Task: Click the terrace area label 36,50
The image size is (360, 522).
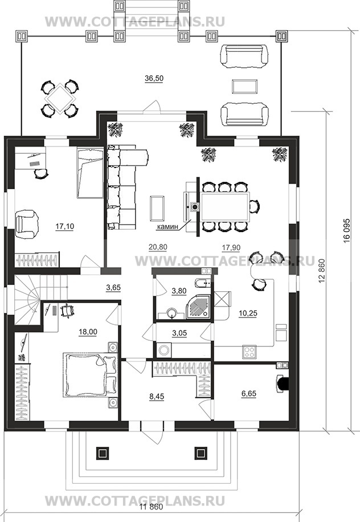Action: (x=154, y=78)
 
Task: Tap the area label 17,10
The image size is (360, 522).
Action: (x=64, y=226)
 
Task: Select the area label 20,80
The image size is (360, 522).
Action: (x=158, y=247)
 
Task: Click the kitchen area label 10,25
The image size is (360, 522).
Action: (x=248, y=313)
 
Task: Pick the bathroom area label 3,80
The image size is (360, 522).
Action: (x=179, y=291)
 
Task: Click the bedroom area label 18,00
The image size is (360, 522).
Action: (x=88, y=332)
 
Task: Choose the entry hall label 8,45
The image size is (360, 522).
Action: (x=157, y=397)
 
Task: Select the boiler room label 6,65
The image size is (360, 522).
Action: (x=248, y=394)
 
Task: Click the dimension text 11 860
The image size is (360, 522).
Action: (x=151, y=507)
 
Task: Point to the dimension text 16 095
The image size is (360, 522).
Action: (x=347, y=233)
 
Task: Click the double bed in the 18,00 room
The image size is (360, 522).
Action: (x=91, y=374)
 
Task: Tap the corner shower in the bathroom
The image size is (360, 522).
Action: (x=199, y=306)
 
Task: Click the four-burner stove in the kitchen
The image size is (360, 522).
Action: (x=249, y=352)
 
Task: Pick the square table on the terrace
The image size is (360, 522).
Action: (x=60, y=99)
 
